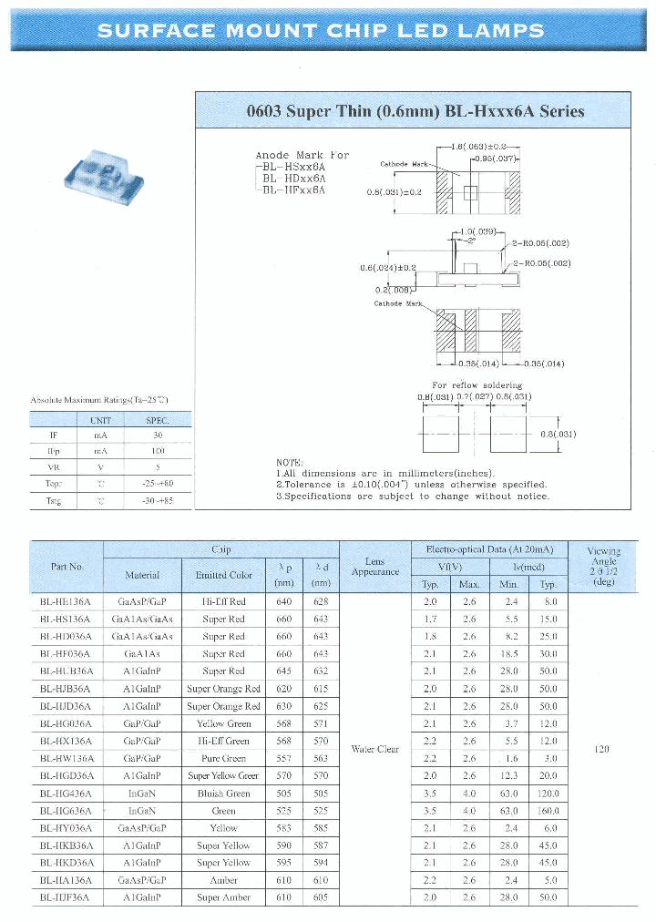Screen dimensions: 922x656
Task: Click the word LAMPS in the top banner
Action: pos(501,30)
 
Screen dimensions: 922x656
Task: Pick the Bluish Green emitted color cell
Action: pos(224,794)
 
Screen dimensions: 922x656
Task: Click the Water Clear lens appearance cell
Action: pos(375,750)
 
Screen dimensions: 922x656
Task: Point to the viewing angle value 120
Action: pos(601,750)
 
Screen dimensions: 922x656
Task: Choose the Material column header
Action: pos(142,575)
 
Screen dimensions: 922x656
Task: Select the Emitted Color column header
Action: pos(223,575)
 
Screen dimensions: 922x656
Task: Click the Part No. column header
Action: pos(67,567)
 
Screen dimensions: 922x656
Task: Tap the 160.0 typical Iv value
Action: pos(548,811)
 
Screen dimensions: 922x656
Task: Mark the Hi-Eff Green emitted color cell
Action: pos(224,742)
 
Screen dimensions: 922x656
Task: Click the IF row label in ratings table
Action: pos(53,435)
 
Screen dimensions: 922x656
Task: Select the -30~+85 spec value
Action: pos(158,501)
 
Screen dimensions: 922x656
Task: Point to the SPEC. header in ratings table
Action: pos(158,420)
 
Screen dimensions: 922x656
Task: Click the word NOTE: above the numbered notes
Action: pos(290,463)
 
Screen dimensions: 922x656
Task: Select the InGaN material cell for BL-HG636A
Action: pos(142,811)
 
